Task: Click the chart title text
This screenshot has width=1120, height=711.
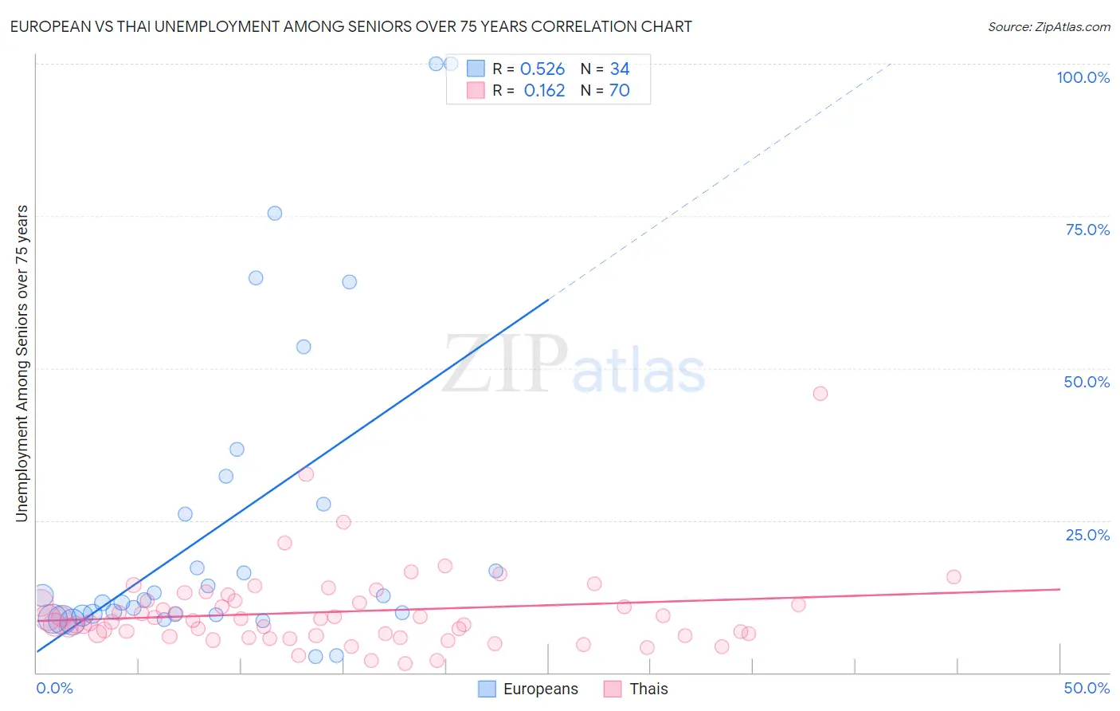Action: tap(350, 26)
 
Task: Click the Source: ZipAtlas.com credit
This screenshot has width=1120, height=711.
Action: tap(1048, 26)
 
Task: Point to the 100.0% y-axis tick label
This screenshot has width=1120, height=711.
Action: tap(1083, 77)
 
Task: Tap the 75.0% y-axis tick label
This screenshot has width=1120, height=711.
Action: tap(1087, 230)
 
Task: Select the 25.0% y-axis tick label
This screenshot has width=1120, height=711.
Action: tap(1087, 534)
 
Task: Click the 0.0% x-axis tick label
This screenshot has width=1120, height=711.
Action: tap(54, 688)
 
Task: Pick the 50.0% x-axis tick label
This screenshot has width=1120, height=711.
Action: tap(1087, 688)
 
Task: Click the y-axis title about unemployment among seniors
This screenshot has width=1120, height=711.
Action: tap(22, 363)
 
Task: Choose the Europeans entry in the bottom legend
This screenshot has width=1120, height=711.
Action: tap(528, 689)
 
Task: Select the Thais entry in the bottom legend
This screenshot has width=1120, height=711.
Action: tap(636, 689)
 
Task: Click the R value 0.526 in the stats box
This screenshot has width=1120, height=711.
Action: tap(542, 69)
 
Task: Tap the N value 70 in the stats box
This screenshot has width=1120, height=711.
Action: tap(619, 91)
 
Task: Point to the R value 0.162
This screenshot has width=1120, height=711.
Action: tap(544, 91)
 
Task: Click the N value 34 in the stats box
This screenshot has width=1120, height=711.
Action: tap(620, 69)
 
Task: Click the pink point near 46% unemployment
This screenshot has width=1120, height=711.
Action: tap(820, 394)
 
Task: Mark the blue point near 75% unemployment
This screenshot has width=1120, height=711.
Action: tap(275, 213)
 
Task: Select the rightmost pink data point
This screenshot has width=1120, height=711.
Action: tap(954, 577)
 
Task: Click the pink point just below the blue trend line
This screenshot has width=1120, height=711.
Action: tap(306, 474)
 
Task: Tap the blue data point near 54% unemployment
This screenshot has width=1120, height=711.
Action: tap(303, 347)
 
